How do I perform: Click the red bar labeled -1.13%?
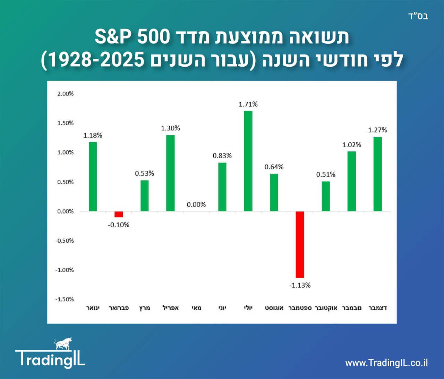(x=300, y=244)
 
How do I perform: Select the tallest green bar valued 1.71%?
(x=248, y=161)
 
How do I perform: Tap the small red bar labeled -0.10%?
(x=119, y=214)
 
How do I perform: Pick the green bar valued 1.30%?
(x=170, y=173)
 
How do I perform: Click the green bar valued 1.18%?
(x=93, y=177)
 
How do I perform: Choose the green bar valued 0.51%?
(x=326, y=196)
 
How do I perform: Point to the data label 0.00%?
(x=196, y=204)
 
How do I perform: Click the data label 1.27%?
(x=377, y=130)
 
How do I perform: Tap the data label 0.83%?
(x=222, y=156)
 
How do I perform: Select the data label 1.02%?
(x=352, y=145)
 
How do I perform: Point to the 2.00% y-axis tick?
(x=65, y=94)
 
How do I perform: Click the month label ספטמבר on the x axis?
(x=300, y=308)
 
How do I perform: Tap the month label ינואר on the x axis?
(x=93, y=308)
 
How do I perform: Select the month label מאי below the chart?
(x=196, y=308)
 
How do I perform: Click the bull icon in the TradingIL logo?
(x=62, y=344)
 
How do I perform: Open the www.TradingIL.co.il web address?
(x=386, y=363)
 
